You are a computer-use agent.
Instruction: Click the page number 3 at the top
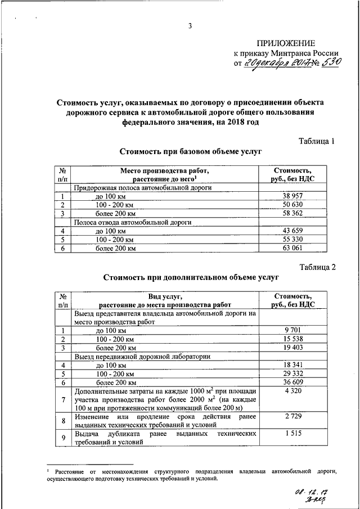(x=190, y=26)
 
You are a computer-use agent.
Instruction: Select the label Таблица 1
(x=316, y=141)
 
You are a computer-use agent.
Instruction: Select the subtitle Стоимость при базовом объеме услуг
(x=191, y=152)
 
